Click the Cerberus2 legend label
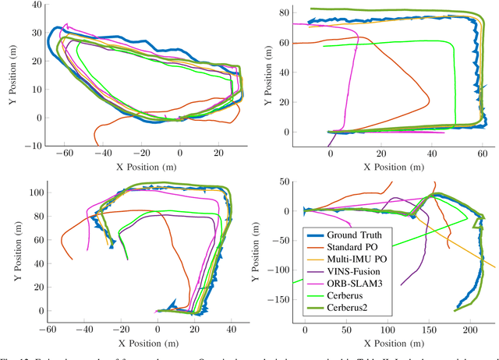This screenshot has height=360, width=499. click(x=363, y=309)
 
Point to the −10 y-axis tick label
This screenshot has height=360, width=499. click(x=33, y=145)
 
